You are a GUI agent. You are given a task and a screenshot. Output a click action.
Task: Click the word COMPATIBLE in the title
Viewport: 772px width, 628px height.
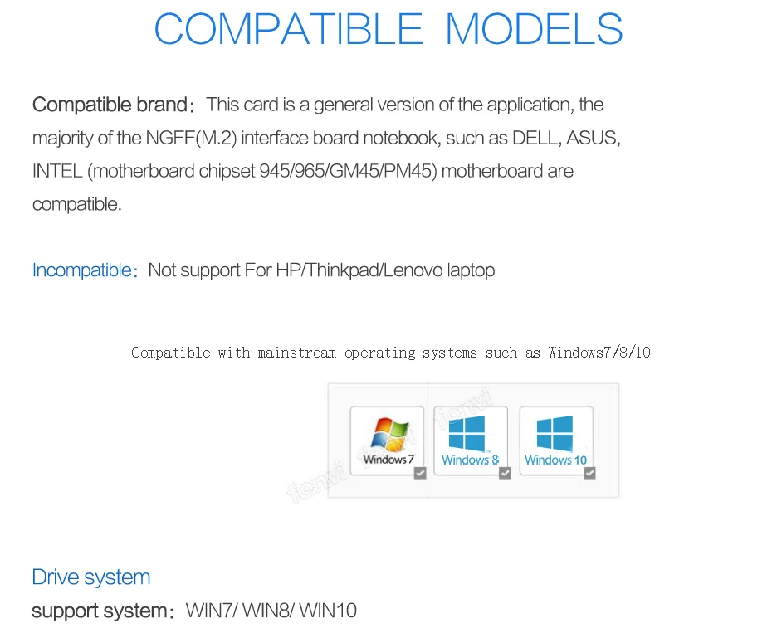click(288, 30)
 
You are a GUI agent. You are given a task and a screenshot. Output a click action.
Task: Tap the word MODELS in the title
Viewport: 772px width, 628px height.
click(534, 30)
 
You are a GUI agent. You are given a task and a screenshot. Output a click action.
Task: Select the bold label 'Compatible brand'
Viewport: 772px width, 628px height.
click(110, 105)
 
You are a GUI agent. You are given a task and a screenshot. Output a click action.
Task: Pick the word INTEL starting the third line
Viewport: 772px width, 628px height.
click(57, 172)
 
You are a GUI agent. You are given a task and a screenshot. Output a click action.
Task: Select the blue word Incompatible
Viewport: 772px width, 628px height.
click(81, 270)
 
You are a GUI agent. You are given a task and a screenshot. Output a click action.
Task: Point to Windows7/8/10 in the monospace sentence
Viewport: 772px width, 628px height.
click(599, 353)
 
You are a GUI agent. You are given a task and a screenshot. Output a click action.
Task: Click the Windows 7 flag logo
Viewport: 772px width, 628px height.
click(388, 433)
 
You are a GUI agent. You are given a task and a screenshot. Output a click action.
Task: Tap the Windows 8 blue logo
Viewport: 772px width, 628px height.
click(467, 433)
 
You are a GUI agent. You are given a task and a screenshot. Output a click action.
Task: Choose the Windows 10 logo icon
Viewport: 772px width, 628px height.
click(555, 433)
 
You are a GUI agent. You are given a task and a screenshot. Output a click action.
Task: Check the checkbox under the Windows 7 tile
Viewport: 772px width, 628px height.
click(420, 472)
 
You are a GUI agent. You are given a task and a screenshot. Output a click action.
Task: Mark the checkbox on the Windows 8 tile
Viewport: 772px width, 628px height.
click(505, 473)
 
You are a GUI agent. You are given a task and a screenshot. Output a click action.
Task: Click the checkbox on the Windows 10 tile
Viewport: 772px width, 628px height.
click(589, 473)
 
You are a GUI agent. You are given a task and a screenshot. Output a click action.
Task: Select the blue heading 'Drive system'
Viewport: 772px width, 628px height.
click(91, 577)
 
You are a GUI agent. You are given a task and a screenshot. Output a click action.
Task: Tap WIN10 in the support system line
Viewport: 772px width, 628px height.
click(328, 611)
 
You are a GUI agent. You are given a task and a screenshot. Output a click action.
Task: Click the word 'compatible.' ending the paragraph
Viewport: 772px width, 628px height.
click(77, 205)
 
